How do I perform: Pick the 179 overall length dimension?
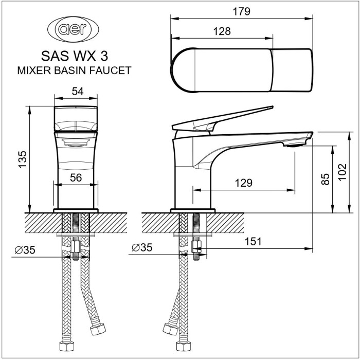[x=241, y=12]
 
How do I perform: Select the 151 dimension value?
[x=252, y=241]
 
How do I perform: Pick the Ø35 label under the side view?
[x=142, y=247]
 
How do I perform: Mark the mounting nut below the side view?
[x=195, y=247]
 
